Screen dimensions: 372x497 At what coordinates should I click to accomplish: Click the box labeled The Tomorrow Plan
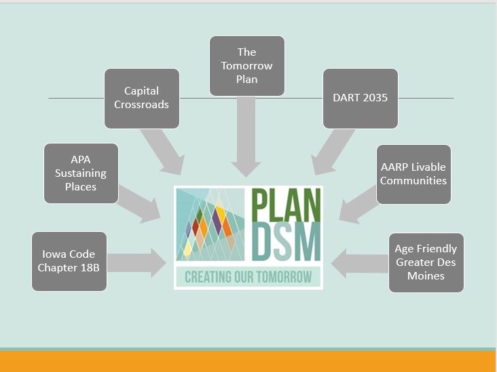click(246, 65)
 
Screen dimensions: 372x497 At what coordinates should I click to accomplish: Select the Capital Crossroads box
click(141, 98)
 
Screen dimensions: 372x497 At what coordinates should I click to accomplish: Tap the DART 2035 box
click(360, 98)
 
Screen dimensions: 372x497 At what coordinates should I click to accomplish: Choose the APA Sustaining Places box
click(81, 173)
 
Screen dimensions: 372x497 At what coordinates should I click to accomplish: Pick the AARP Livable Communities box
click(413, 174)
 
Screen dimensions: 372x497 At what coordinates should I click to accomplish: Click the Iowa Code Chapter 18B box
click(69, 261)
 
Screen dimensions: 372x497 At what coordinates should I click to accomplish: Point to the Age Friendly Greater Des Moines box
click(426, 263)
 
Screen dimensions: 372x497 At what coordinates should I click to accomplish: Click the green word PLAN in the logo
click(286, 204)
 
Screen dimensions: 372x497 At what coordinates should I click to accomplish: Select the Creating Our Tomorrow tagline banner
click(248, 276)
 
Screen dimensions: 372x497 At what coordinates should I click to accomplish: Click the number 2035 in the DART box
click(374, 98)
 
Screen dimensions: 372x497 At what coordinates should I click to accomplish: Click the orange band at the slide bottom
click(248, 361)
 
